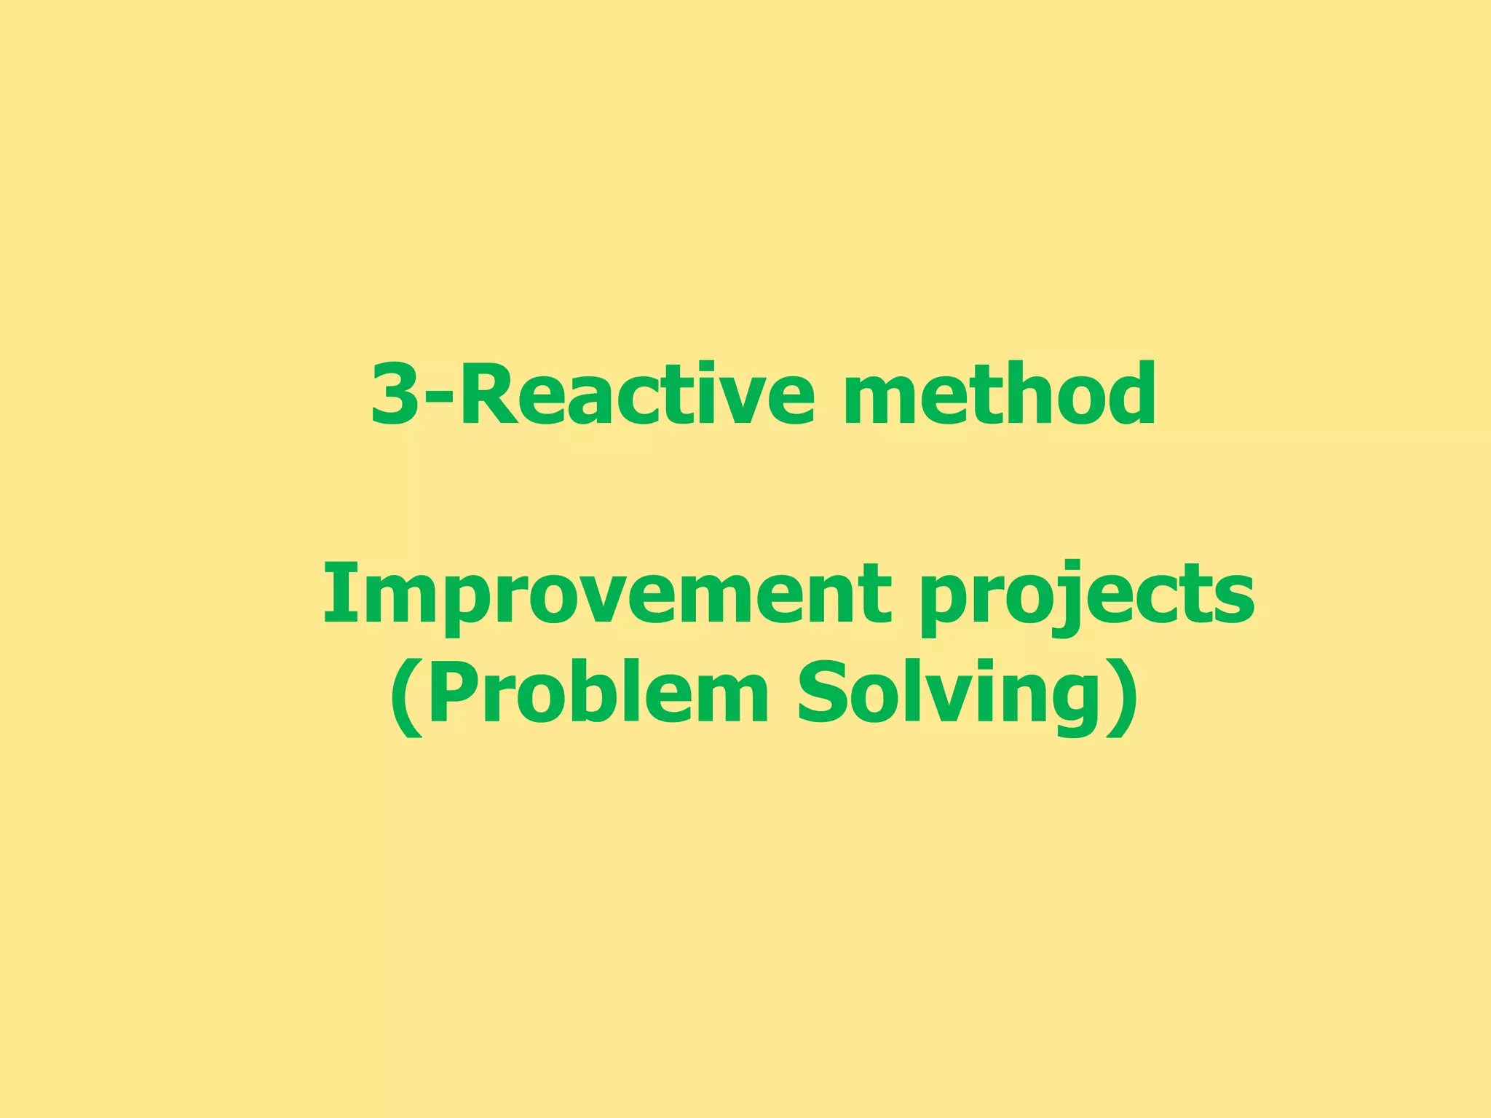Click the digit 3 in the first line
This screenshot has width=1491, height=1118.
(x=395, y=394)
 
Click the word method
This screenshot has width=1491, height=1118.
(x=999, y=394)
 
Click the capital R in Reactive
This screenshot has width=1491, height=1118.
(x=489, y=394)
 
